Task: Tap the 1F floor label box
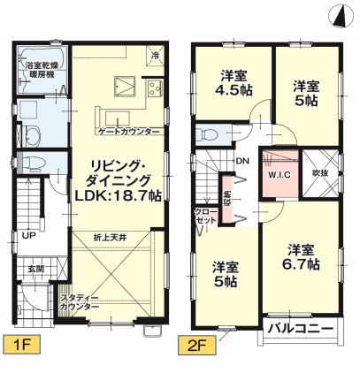coord(21,345)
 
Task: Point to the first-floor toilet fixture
coord(33,163)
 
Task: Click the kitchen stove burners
coord(155,88)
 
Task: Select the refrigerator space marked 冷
coord(155,54)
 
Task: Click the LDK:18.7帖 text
coord(118,195)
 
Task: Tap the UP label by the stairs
coord(29,235)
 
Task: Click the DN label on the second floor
coord(242,161)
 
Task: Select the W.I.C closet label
coord(279,175)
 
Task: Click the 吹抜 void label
coord(320,173)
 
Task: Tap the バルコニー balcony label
coord(300,328)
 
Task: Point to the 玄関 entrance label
coord(36,269)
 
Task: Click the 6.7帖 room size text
coord(301,264)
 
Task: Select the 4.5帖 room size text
coord(234,90)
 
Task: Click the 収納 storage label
coord(227,202)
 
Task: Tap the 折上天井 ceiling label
coord(111,238)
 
